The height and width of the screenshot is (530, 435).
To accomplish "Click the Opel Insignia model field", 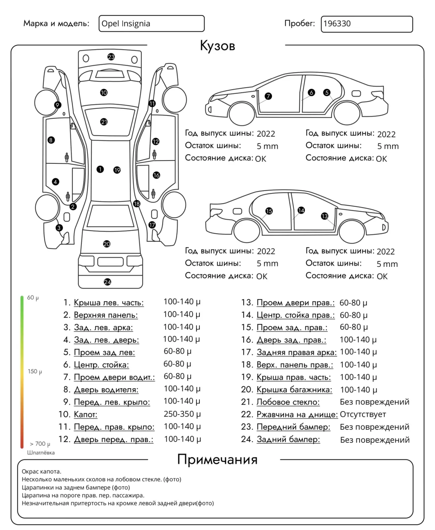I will pyautogui.click(x=151, y=23).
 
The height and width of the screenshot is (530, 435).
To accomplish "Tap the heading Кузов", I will pyautogui.click(x=217, y=46).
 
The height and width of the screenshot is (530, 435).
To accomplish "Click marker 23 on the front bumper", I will pyautogui.click(x=111, y=57).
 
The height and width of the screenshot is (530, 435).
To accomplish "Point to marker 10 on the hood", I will pyautogui.click(x=104, y=92).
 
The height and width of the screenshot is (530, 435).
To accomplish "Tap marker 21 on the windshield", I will pyautogui.click(x=104, y=122).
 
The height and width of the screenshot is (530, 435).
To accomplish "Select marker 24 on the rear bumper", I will pyautogui.click(x=107, y=282).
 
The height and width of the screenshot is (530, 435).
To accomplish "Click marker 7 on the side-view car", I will pyautogui.click(x=268, y=96).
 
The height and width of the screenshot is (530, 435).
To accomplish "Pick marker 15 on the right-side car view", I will pyautogui.click(x=269, y=211).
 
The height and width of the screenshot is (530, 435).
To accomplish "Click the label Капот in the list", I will pyautogui.click(x=86, y=415).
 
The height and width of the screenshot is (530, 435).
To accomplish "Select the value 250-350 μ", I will pyautogui.click(x=182, y=414).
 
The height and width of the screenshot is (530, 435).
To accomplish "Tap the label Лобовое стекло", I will pyautogui.click(x=288, y=402).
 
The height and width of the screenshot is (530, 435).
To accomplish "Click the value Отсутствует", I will pyautogui.click(x=363, y=415).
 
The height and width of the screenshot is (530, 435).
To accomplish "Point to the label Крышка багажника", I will pyautogui.click(x=294, y=390).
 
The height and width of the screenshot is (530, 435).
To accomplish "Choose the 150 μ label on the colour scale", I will pyautogui.click(x=35, y=372).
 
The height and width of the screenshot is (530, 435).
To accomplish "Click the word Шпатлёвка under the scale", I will pyautogui.click(x=41, y=452).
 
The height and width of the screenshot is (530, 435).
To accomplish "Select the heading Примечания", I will pyautogui.click(x=217, y=459).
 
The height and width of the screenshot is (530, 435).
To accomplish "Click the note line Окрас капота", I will pyautogui.click(x=42, y=472).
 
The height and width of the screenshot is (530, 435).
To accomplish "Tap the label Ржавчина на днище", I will pyautogui.click(x=297, y=415).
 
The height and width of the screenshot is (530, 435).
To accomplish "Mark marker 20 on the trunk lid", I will pyautogui.click(x=107, y=244).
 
